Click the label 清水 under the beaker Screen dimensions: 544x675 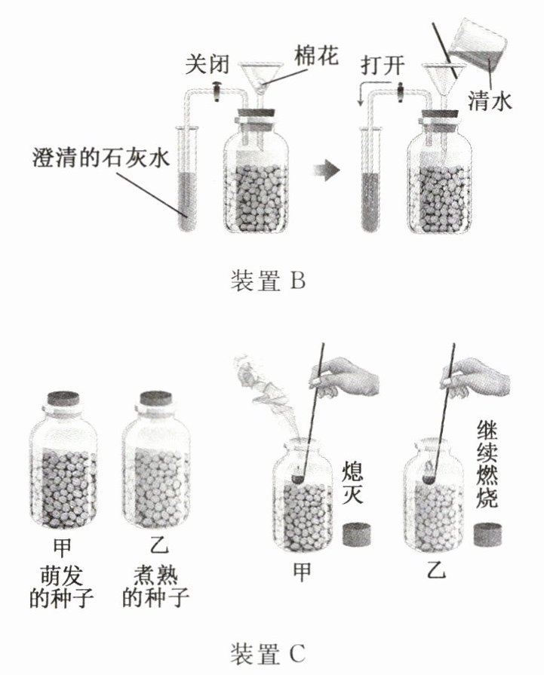[x=490, y=100]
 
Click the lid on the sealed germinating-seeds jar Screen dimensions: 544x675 [x=63, y=399]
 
